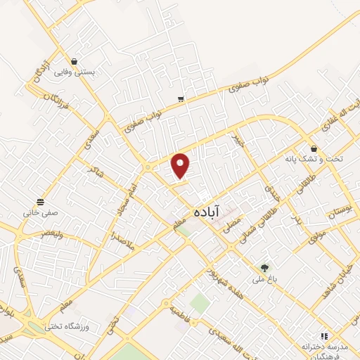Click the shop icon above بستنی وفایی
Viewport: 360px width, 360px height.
coord(74,60)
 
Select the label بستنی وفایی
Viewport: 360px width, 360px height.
coord(94,72)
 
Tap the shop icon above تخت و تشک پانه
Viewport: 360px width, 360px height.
coord(314,148)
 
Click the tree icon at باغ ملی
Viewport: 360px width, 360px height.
coord(264,267)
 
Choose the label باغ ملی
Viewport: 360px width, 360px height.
coord(264,279)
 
